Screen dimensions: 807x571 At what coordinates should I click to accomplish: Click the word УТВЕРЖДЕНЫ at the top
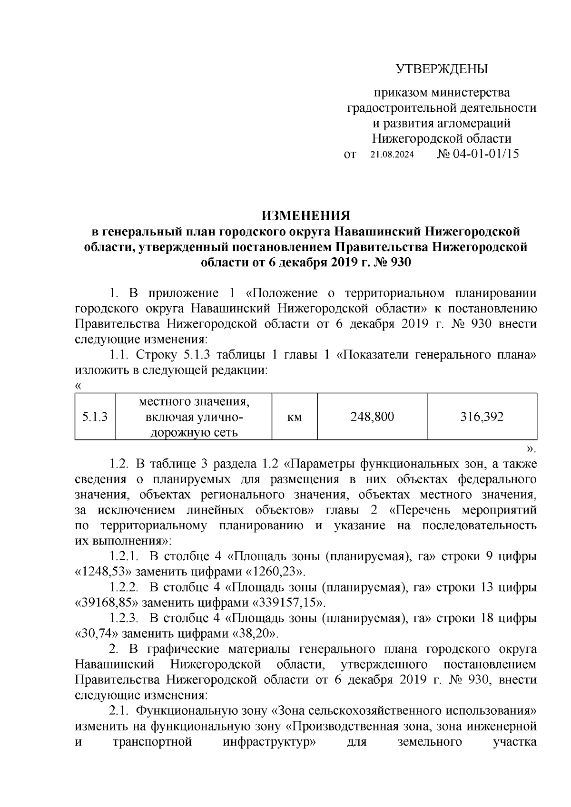click(442, 70)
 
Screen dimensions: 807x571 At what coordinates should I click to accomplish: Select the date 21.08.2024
click(392, 155)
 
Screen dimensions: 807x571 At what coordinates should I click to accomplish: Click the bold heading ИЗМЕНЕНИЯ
click(306, 216)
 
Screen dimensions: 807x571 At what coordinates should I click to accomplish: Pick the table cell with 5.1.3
click(95, 417)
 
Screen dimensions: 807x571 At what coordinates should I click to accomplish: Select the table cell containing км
click(295, 417)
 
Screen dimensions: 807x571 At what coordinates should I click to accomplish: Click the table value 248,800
click(372, 417)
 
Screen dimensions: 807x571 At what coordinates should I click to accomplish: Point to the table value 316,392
click(482, 417)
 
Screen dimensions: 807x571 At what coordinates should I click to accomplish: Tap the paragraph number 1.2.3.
click(124, 618)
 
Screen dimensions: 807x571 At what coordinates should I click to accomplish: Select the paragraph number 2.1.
click(118, 711)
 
